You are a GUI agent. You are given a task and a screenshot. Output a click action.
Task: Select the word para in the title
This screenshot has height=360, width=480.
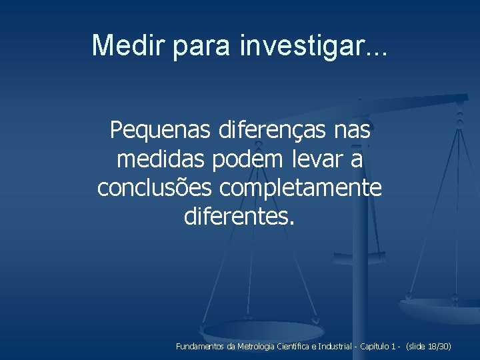[x=206, y=45]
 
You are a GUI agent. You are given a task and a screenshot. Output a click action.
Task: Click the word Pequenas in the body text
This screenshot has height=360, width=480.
[x=161, y=131]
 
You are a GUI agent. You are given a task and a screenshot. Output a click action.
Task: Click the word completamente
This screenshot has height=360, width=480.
[x=301, y=188]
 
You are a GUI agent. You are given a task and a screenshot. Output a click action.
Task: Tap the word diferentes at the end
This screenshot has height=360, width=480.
[x=237, y=217]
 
